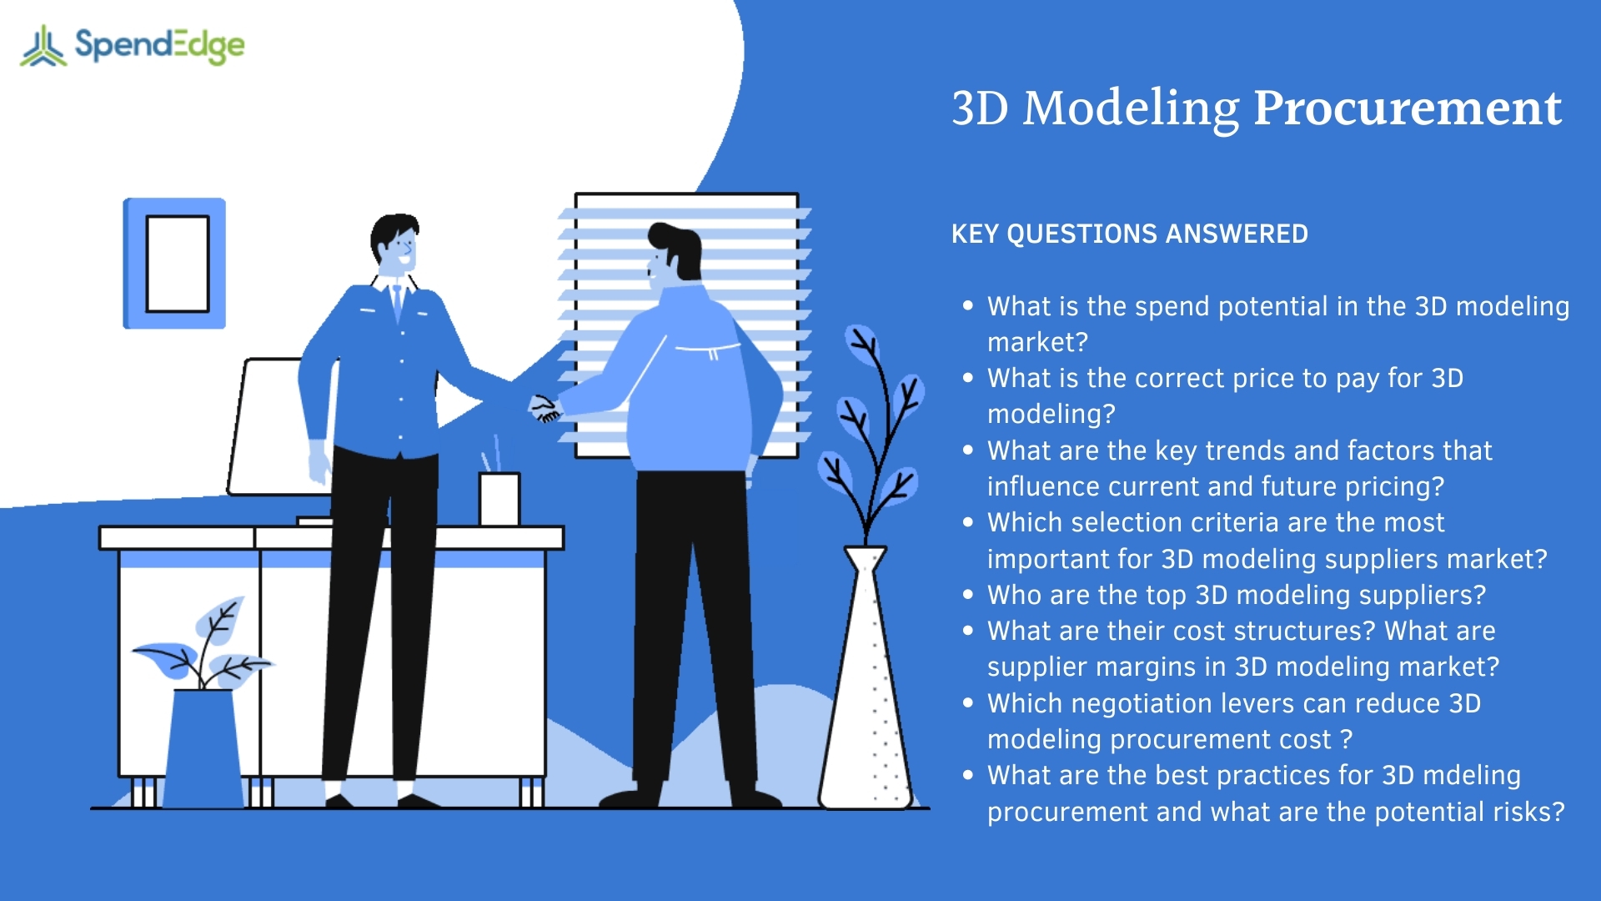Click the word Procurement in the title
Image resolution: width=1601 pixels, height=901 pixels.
click(1407, 108)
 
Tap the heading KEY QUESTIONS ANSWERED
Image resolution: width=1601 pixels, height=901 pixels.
click(1129, 234)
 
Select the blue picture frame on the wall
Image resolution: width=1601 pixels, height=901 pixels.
click(174, 263)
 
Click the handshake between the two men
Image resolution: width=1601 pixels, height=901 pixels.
click(545, 409)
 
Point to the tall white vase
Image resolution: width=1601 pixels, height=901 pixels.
click(866, 692)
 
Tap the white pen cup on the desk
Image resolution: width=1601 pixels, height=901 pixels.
click(499, 499)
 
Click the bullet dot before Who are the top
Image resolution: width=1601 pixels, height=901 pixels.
click(967, 595)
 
